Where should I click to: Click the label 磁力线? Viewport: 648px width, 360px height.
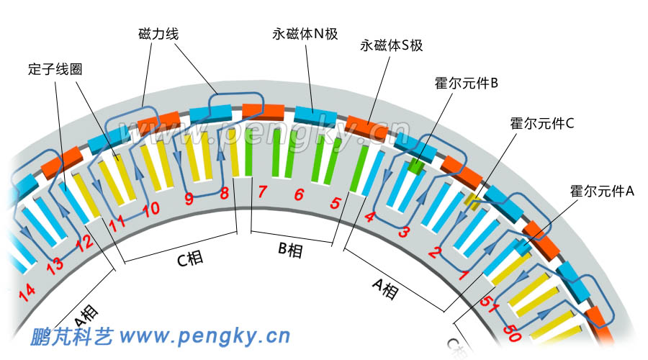[160, 34]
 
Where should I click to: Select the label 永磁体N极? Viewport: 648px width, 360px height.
[305, 34]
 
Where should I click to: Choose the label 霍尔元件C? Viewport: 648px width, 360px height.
[541, 123]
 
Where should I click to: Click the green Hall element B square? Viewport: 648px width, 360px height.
[415, 167]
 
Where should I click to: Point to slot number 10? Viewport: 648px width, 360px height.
[150, 210]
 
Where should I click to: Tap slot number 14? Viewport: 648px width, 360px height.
[27, 292]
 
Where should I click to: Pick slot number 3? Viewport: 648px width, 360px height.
[405, 231]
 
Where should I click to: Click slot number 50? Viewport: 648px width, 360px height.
[513, 334]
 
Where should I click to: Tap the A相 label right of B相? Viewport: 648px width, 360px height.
[385, 289]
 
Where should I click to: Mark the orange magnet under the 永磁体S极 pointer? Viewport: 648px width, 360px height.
[368, 125]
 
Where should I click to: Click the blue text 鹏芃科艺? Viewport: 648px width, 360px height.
[71, 336]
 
